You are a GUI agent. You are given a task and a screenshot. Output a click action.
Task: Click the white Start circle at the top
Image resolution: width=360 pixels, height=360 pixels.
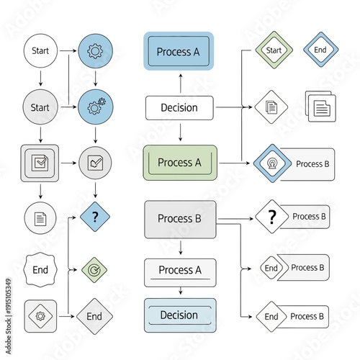point(40,51)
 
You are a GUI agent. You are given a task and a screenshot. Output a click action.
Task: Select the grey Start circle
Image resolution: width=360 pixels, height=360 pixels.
point(40,107)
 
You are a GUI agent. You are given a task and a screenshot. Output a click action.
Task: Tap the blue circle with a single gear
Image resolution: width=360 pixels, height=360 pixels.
point(94,51)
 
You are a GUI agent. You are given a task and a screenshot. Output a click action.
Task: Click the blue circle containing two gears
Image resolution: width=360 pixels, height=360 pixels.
point(94,107)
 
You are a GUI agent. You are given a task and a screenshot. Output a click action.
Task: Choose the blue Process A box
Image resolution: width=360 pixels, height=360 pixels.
point(179,51)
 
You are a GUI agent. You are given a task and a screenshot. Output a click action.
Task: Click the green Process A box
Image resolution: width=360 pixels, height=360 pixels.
point(179,162)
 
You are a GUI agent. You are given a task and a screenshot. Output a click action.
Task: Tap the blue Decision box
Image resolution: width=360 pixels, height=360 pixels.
point(179,315)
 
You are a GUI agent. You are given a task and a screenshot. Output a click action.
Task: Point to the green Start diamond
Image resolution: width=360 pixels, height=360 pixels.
point(274,50)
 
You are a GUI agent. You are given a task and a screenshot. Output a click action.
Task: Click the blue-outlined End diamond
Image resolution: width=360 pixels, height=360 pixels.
point(320,50)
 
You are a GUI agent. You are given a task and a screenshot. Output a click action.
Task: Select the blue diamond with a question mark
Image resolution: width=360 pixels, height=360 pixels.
point(94,216)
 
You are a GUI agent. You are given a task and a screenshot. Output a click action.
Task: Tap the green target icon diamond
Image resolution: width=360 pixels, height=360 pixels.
point(94,269)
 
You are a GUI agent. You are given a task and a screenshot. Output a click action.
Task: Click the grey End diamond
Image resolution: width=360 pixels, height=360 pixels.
point(94,316)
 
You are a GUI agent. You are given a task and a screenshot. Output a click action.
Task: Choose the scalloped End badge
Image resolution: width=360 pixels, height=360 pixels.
point(40,269)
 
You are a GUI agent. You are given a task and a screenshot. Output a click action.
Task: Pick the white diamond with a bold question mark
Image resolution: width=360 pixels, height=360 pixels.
point(271,217)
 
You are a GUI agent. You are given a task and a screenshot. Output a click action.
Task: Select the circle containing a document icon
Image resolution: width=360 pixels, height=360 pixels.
point(40,217)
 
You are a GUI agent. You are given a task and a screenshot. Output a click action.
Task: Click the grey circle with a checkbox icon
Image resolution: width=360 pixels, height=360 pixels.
point(94,162)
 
